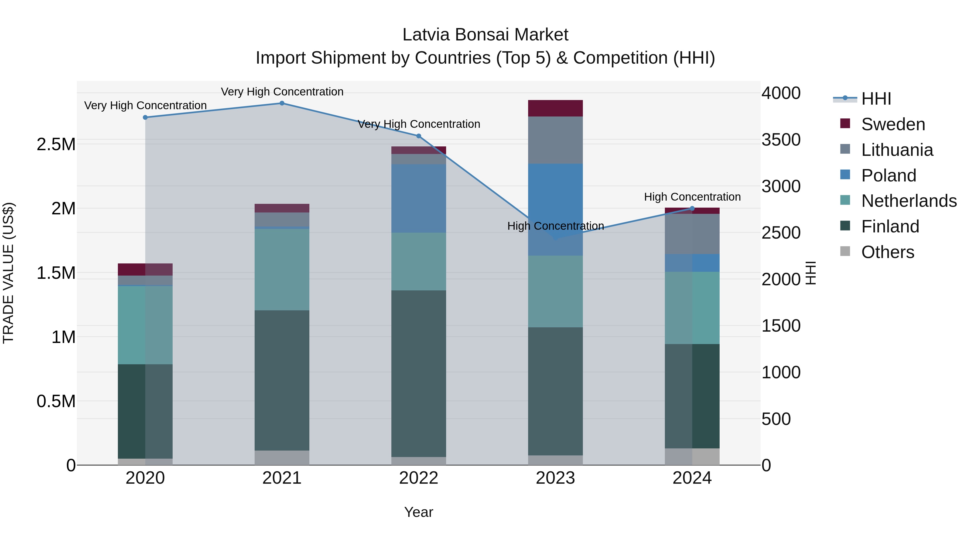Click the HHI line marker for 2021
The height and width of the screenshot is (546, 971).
282,103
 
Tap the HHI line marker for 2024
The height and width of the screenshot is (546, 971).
692,208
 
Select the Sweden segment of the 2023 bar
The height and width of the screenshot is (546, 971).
555,108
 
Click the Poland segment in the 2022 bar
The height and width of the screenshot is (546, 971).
418,198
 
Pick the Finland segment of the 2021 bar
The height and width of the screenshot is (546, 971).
282,380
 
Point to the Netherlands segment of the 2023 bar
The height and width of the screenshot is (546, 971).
555,291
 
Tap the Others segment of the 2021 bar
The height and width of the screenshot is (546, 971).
282,458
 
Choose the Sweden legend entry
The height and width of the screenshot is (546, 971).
893,124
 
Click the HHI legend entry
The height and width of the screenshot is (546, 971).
876,99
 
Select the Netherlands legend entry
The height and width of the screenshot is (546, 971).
909,201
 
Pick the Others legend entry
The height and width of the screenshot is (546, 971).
887,252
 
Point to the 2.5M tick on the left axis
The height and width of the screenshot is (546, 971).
56,144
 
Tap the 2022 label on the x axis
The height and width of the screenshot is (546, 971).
418,478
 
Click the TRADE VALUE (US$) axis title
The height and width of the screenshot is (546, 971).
8,273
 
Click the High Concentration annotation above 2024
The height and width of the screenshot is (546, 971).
692,197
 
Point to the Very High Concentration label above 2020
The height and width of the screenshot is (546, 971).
145,105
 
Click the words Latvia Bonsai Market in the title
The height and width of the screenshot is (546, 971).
485,35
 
